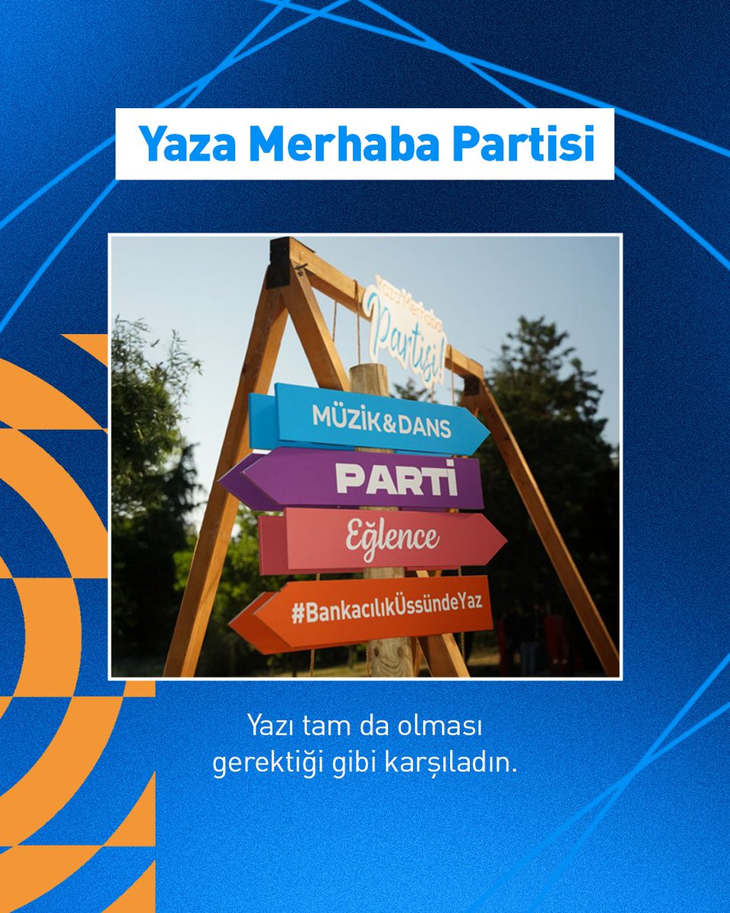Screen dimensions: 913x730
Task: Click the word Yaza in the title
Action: tap(186, 145)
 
